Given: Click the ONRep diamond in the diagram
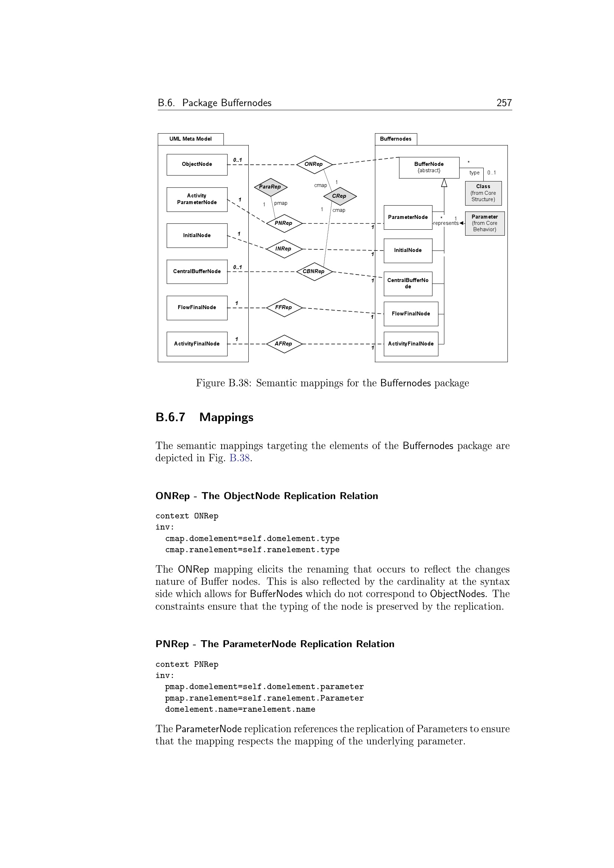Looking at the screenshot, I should pos(314,164).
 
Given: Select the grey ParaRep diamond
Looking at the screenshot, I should pos(271,187).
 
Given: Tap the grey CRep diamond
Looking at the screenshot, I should pos(340,196).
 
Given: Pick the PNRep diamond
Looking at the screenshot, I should pos(284,223).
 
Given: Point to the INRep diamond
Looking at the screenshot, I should pos(284,249).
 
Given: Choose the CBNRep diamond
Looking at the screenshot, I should pos(314,271).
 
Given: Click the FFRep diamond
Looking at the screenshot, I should pos(284,308).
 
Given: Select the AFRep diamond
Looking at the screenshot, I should pos(284,344).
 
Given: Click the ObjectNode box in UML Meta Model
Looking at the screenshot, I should pos(197,164).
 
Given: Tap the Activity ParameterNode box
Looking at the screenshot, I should pos(197,199).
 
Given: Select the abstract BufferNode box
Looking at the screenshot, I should pos(429,167).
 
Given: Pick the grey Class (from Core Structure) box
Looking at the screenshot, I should pos(483,193).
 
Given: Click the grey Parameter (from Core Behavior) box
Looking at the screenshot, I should pos(485,223).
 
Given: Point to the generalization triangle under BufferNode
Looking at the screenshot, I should pos(444,183).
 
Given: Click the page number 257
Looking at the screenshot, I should pos(504,103).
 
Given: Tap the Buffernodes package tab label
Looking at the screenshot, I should pos(395,139).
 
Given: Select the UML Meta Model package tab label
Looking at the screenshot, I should pos(190,139).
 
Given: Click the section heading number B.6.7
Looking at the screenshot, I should pos(170,417).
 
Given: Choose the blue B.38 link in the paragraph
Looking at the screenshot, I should pos(240,458).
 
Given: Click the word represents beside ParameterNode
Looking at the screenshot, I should pos(446,223).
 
